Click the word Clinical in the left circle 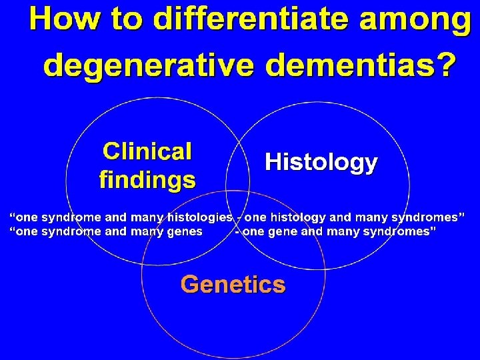point(147,151)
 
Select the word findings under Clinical point(147,179)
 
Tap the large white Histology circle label point(321,162)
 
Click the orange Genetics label point(233,285)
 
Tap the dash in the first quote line point(238,217)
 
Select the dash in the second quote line point(238,231)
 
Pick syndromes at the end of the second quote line point(399,231)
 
